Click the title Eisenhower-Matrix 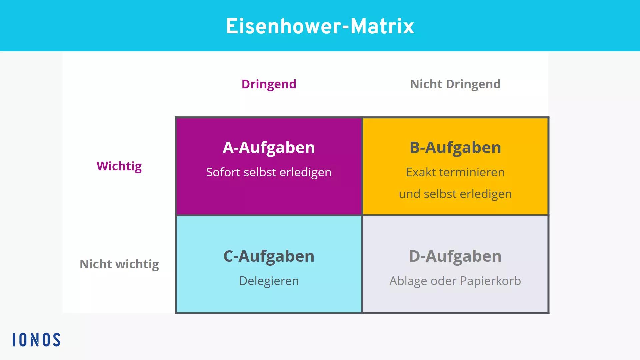[x=320, y=26]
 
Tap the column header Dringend [x=269, y=84]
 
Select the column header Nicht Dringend [x=455, y=84]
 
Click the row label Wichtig [x=119, y=166]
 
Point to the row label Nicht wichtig [x=119, y=264]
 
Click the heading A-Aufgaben [x=269, y=147]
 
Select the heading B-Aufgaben [x=455, y=147]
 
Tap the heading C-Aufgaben [x=269, y=256]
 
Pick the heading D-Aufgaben [x=455, y=256]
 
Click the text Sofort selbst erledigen [x=269, y=172]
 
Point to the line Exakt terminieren [x=455, y=172]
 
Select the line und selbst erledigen [x=455, y=194]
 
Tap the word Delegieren [x=269, y=281]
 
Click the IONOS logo [x=36, y=340]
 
